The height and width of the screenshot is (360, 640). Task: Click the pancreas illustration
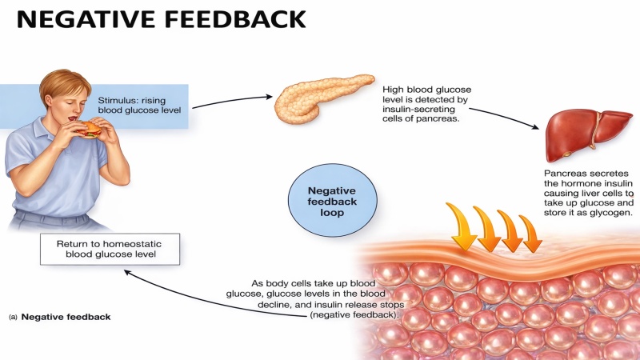tap(320, 98)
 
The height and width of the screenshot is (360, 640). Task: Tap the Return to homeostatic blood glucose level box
tap(110, 249)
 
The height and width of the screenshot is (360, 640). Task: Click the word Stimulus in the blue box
tap(122, 101)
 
